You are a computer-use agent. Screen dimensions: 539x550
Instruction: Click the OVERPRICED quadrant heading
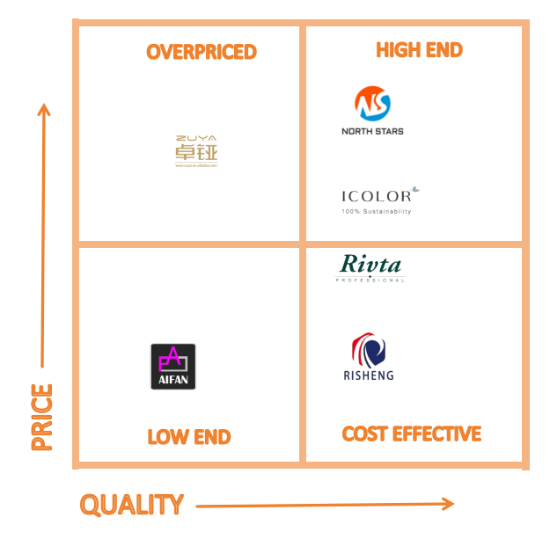(x=202, y=52)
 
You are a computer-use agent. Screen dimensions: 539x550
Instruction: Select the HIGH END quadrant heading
(x=419, y=50)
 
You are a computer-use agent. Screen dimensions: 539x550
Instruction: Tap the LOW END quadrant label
(x=189, y=437)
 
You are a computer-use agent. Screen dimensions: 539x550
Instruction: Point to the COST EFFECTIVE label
(x=411, y=434)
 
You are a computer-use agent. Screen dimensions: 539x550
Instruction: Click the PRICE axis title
(x=41, y=417)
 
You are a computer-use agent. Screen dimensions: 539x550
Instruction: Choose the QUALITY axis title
(x=132, y=505)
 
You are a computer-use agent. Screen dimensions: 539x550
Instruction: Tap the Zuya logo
(x=195, y=150)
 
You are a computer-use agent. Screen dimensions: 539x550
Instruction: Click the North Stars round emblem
(x=372, y=104)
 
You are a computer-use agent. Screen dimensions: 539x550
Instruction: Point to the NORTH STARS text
(x=372, y=131)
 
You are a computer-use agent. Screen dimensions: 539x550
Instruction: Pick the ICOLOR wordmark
(x=376, y=196)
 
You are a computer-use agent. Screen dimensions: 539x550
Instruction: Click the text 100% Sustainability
(x=376, y=212)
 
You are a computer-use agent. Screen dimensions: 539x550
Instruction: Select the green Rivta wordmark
(x=370, y=265)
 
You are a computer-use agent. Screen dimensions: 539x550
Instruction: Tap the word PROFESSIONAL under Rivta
(x=370, y=280)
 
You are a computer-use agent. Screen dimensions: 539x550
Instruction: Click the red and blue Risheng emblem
(x=369, y=350)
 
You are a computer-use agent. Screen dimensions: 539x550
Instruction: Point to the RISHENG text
(x=369, y=375)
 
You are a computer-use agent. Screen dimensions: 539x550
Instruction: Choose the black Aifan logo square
(x=173, y=366)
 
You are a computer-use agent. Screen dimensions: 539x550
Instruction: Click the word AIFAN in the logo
(x=173, y=382)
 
